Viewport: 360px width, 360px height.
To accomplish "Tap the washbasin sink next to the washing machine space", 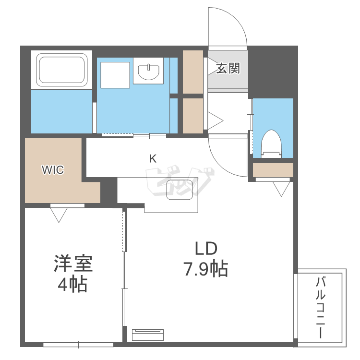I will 148,72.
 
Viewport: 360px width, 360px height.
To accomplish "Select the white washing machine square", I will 114,74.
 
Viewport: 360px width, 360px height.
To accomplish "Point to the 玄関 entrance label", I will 227,69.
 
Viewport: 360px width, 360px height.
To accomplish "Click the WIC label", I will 53,169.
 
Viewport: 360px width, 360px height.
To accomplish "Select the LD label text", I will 206,249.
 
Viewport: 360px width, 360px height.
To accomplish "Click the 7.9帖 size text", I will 205,269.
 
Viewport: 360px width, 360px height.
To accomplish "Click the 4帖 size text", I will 72,285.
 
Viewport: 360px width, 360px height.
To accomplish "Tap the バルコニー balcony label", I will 320,307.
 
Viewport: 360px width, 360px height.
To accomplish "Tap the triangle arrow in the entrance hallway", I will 214,119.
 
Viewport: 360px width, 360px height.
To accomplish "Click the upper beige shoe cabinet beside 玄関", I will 193,72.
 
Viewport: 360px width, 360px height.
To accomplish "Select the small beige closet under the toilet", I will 273,170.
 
